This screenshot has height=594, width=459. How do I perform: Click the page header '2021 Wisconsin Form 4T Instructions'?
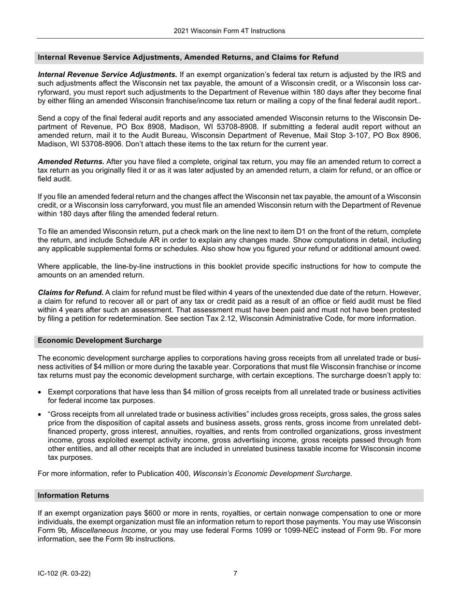[229, 31]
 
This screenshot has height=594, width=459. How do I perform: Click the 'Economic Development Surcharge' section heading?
[100, 340]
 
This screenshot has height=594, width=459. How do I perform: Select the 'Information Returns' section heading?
[73, 495]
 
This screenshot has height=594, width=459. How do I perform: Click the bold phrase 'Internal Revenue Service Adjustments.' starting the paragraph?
[107, 74]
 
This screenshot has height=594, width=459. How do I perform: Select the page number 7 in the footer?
[235, 574]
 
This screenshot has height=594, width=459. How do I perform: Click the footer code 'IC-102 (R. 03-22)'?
[64, 574]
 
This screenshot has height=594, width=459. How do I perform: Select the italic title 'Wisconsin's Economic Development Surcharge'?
[272, 473]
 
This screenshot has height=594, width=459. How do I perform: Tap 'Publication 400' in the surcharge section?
[163, 473]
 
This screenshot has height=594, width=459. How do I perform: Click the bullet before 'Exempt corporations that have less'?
[40, 392]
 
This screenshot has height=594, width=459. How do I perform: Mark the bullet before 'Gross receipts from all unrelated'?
[40, 414]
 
